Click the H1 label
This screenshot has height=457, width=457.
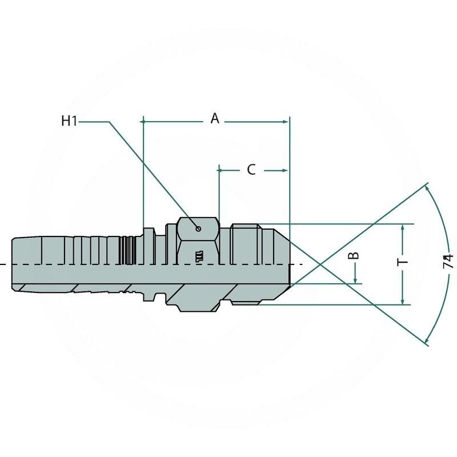[x=69, y=121]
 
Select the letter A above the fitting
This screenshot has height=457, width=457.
[x=215, y=118]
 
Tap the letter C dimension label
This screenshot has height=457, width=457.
[x=251, y=170]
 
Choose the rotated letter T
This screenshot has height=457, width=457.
[x=403, y=262]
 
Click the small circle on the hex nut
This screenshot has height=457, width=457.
[x=198, y=230]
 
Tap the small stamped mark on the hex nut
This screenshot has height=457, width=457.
[x=199, y=256]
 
